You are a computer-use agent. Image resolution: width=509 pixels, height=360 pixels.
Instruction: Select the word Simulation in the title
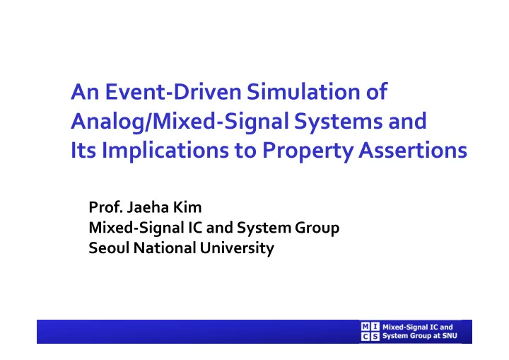304,92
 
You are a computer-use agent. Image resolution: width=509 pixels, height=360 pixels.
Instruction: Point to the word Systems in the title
338,122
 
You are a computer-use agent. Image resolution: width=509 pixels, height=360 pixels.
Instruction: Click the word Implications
165,151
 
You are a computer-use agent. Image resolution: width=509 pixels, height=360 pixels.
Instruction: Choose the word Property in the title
307,151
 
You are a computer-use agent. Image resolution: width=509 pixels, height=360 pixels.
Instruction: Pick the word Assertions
413,150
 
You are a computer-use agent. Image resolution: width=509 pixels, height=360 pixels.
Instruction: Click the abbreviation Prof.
105,207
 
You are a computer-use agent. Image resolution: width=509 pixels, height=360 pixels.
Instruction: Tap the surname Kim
187,207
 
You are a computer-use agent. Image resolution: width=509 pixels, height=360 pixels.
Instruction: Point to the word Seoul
109,248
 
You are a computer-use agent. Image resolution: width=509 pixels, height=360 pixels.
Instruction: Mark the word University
237,248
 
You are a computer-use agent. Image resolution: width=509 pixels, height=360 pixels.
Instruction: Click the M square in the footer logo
365,327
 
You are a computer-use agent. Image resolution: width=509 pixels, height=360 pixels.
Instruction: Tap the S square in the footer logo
375,336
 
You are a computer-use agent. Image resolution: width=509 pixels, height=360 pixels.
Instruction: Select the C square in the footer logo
365,336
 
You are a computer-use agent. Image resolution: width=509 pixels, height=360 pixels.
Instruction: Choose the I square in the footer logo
375,327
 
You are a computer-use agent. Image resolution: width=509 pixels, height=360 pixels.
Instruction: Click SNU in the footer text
450,336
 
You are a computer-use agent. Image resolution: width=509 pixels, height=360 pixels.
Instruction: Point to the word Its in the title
83,150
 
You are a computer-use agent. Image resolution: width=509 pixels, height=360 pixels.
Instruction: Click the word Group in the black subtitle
317,228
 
